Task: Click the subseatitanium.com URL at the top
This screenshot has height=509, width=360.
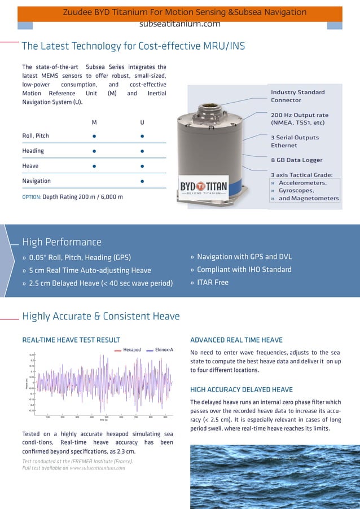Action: [x=179, y=24]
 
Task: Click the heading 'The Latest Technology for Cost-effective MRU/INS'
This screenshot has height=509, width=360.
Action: [x=133, y=46]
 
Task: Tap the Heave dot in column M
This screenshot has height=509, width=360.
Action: [x=94, y=166]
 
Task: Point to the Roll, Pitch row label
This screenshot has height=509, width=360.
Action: [x=36, y=136]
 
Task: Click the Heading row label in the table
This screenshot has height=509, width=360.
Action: [x=33, y=151]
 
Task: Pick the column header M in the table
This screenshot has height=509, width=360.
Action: [x=94, y=122]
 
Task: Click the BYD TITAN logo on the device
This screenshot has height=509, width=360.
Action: [x=204, y=187]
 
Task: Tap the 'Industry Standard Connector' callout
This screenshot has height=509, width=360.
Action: [x=297, y=96]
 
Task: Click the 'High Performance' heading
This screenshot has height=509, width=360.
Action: [x=62, y=242]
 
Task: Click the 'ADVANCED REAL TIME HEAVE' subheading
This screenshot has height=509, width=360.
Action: [x=236, y=340]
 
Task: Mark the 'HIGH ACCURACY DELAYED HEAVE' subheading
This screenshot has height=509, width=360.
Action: [x=241, y=389]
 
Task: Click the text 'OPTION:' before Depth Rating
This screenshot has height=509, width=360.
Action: [x=31, y=197]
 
